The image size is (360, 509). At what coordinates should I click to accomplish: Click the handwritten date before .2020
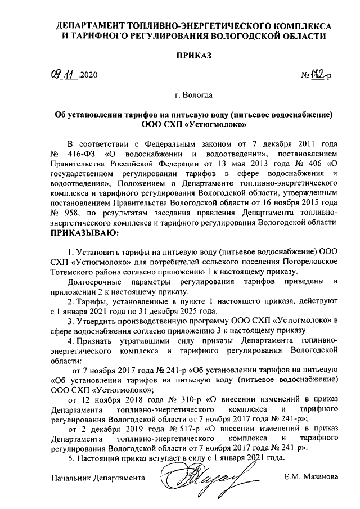62,74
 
